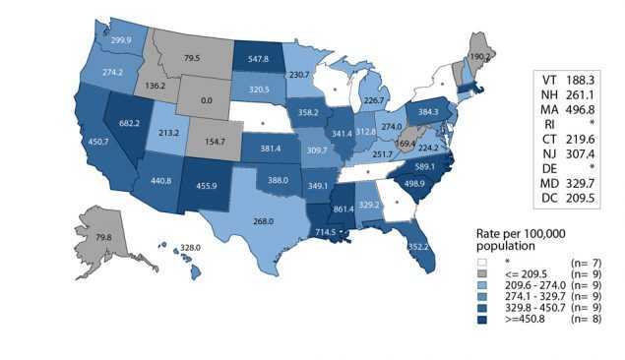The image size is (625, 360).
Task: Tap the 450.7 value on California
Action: pyautogui.click(x=72, y=141)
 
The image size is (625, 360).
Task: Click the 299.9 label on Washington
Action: pyautogui.click(x=123, y=40)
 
